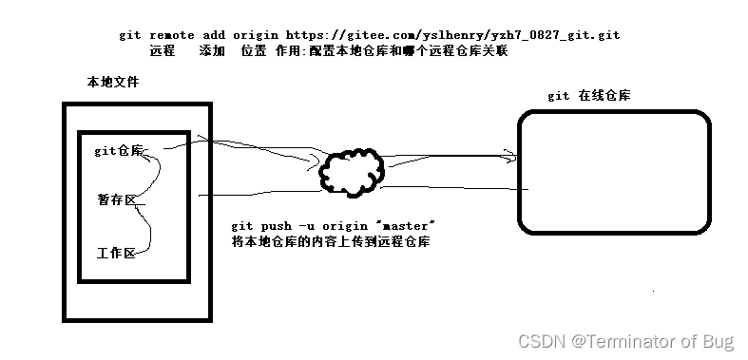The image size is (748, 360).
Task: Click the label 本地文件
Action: (x=112, y=84)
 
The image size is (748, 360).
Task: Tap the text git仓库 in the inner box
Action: (x=119, y=151)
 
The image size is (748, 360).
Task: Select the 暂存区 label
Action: (x=116, y=199)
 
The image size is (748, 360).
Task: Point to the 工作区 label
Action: (x=116, y=254)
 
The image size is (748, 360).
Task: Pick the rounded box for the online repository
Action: (x=614, y=172)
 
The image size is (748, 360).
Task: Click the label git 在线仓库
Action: (x=590, y=96)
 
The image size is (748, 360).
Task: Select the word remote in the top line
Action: (x=170, y=35)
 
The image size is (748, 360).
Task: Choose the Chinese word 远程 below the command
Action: (x=163, y=51)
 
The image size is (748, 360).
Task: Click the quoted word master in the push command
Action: (x=405, y=226)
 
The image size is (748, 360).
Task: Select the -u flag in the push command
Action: (x=306, y=226)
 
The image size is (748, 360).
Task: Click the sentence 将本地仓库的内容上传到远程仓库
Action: (x=330, y=242)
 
